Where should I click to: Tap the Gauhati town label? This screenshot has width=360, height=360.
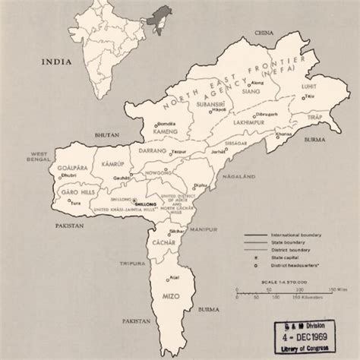[x=118, y=176]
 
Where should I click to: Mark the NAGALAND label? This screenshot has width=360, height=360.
[x=229, y=174]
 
